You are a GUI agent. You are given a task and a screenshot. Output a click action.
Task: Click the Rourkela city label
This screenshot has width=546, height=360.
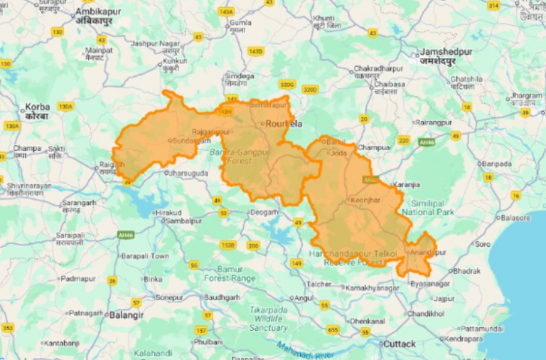pyautogui.click(x=284, y=124)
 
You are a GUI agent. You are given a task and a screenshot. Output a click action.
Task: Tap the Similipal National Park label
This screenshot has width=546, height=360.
pyautogui.click(x=427, y=207)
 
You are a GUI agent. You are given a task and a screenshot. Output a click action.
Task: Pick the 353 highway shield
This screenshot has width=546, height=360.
pyautogui.click(x=7, y=327)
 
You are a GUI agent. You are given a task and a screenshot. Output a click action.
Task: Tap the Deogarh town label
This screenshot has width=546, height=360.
pyautogui.click(x=264, y=212)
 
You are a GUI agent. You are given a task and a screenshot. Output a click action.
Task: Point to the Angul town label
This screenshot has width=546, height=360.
pyautogui.click(x=304, y=297)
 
